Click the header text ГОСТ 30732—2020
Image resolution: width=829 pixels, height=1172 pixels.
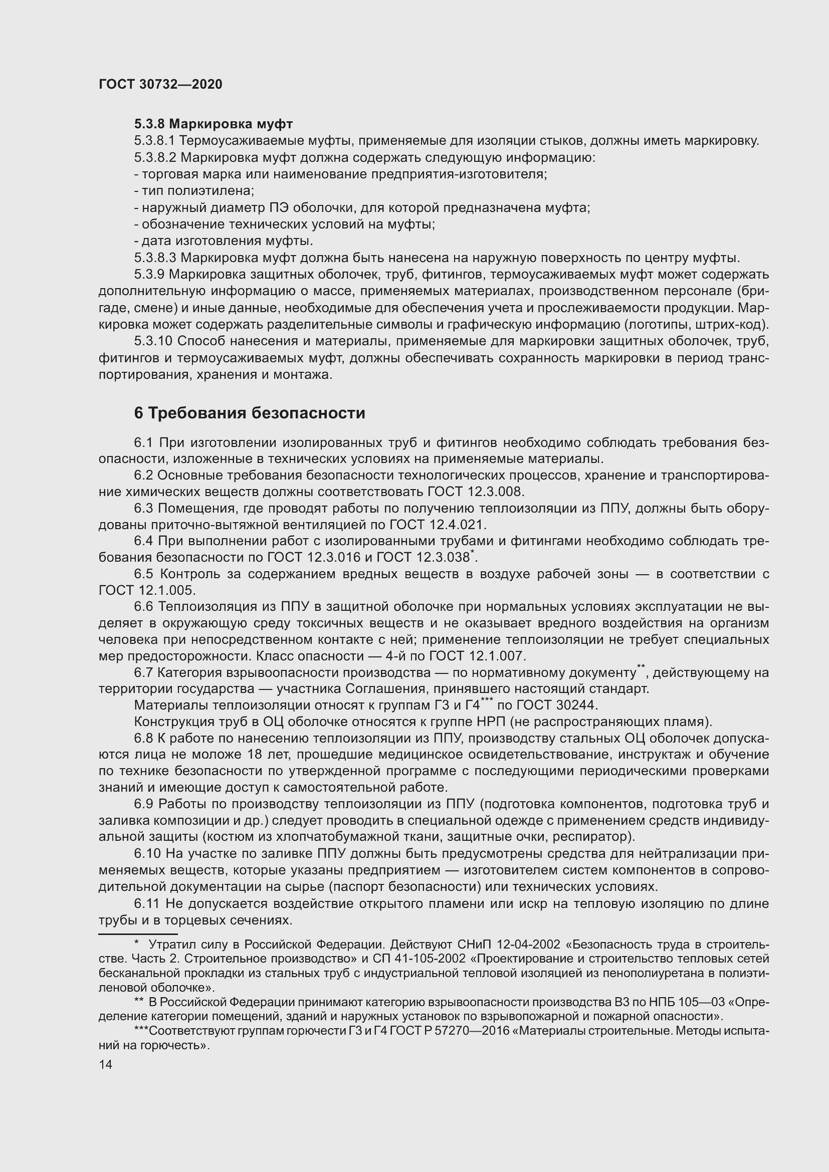point(160,85)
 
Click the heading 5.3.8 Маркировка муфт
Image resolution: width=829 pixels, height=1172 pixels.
point(214,124)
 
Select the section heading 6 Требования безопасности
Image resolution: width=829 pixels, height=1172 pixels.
point(250,413)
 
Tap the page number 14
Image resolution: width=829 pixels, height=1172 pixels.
point(106,1064)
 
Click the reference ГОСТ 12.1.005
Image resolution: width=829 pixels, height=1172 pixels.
point(146,591)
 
